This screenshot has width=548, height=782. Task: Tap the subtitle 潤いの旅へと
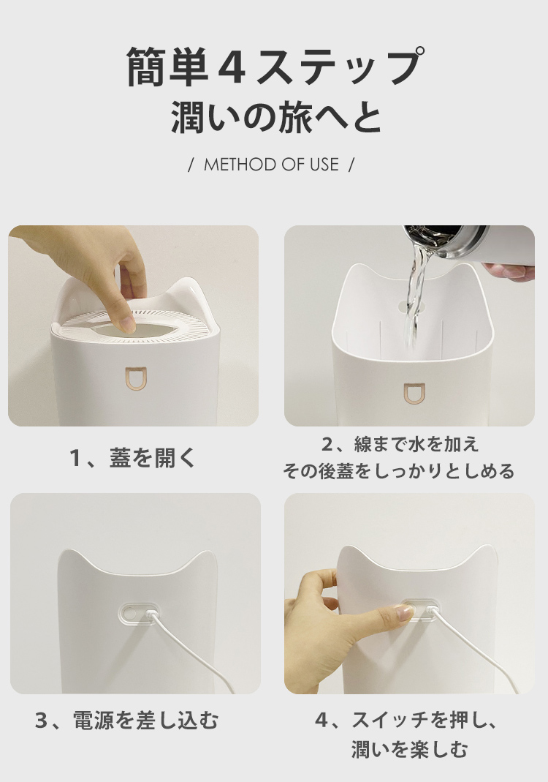point(276,119)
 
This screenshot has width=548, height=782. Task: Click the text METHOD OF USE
point(271,165)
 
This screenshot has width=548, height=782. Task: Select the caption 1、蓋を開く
point(134,459)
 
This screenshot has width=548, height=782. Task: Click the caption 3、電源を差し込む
point(127,721)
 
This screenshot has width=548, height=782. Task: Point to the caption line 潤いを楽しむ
point(410,749)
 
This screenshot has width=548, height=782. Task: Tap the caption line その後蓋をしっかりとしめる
point(398,471)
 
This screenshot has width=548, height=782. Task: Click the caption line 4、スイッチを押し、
point(406,721)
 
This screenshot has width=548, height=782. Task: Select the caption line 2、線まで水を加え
point(400,444)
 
